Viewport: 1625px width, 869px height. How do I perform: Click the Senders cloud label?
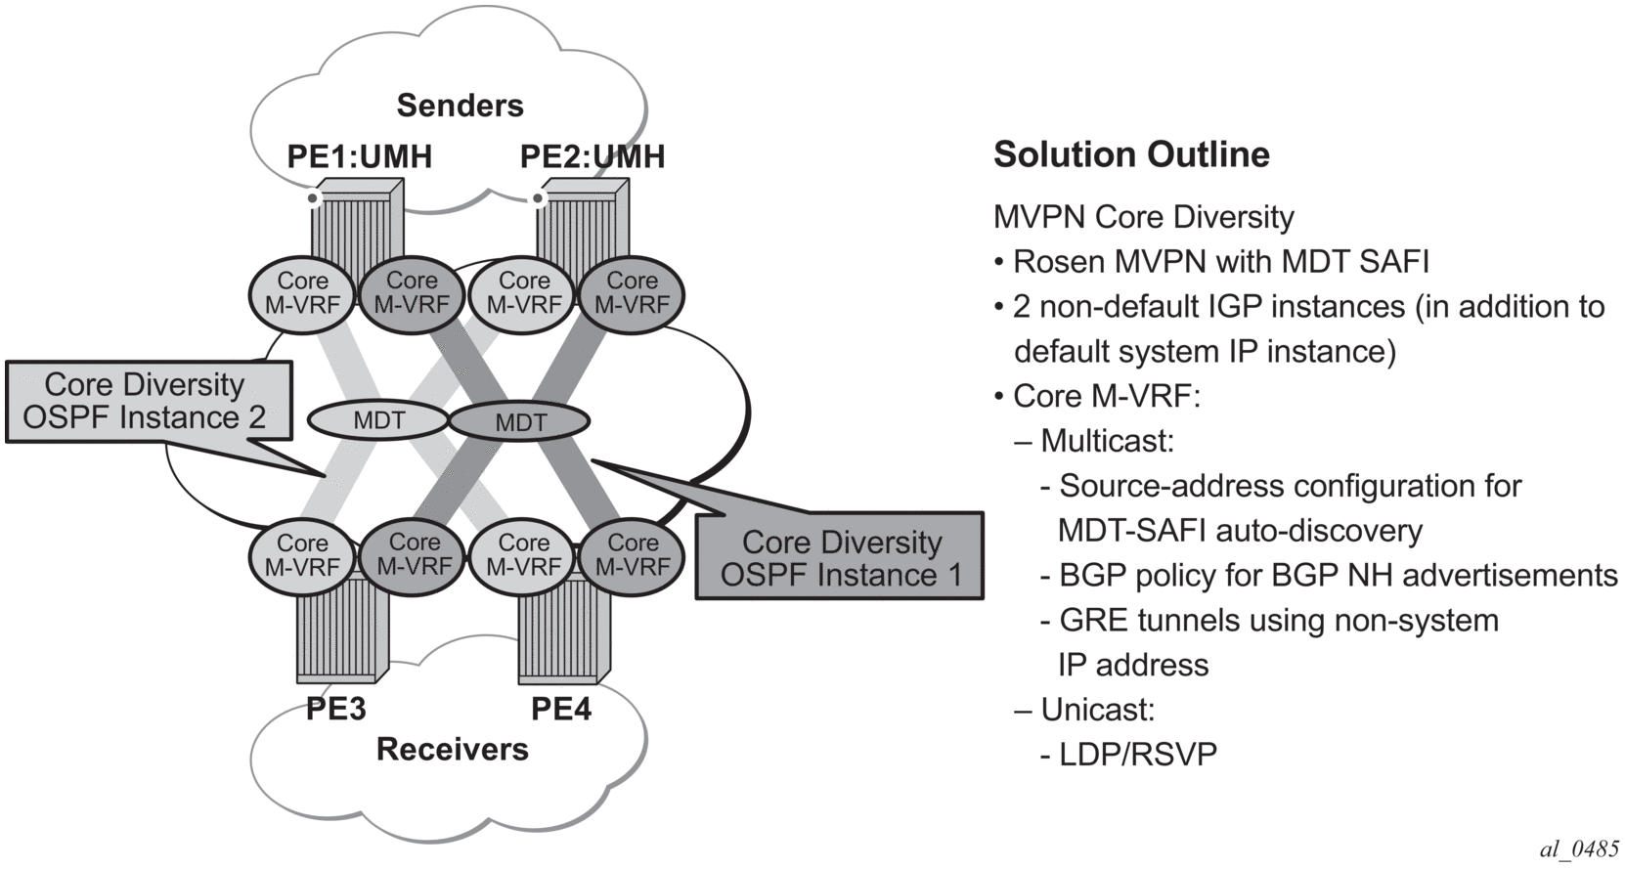(460, 106)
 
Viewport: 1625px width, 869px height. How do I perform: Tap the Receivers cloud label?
(452, 750)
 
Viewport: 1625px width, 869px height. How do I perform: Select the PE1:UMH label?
(359, 156)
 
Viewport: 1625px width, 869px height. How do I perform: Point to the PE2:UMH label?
(592, 156)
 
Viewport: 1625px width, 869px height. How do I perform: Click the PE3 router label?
(335, 708)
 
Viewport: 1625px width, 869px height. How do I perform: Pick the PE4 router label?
(560, 708)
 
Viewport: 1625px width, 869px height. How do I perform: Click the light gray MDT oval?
(378, 421)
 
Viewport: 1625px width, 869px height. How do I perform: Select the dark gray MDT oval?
(520, 422)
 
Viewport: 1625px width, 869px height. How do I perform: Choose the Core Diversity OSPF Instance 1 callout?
(840, 557)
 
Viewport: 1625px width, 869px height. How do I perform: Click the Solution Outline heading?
(1131, 154)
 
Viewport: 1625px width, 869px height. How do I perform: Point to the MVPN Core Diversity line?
(1143, 217)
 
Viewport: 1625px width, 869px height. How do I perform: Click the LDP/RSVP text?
(1138, 755)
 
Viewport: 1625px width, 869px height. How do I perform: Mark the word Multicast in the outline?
(1107, 441)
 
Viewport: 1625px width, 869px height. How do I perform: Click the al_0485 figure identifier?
(1578, 848)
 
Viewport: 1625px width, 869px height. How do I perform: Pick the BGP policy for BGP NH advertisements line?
(1338, 576)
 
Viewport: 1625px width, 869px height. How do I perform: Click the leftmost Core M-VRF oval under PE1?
(302, 293)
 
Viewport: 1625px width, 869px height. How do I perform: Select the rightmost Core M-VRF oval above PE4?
(633, 555)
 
